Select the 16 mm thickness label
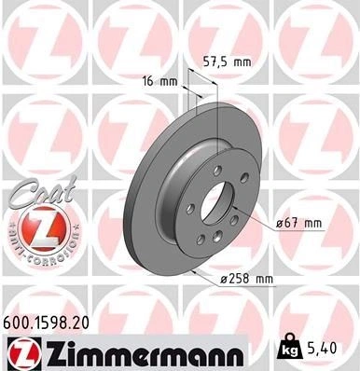pyautogui.click(x=159, y=82)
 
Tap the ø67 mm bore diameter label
pyautogui.click(x=299, y=223)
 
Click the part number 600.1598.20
pyautogui.click(x=46, y=323)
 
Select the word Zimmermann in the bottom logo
pyautogui.click(x=142, y=355)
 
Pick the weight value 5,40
pyautogui.click(x=322, y=349)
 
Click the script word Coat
pyautogui.click(x=44, y=190)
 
